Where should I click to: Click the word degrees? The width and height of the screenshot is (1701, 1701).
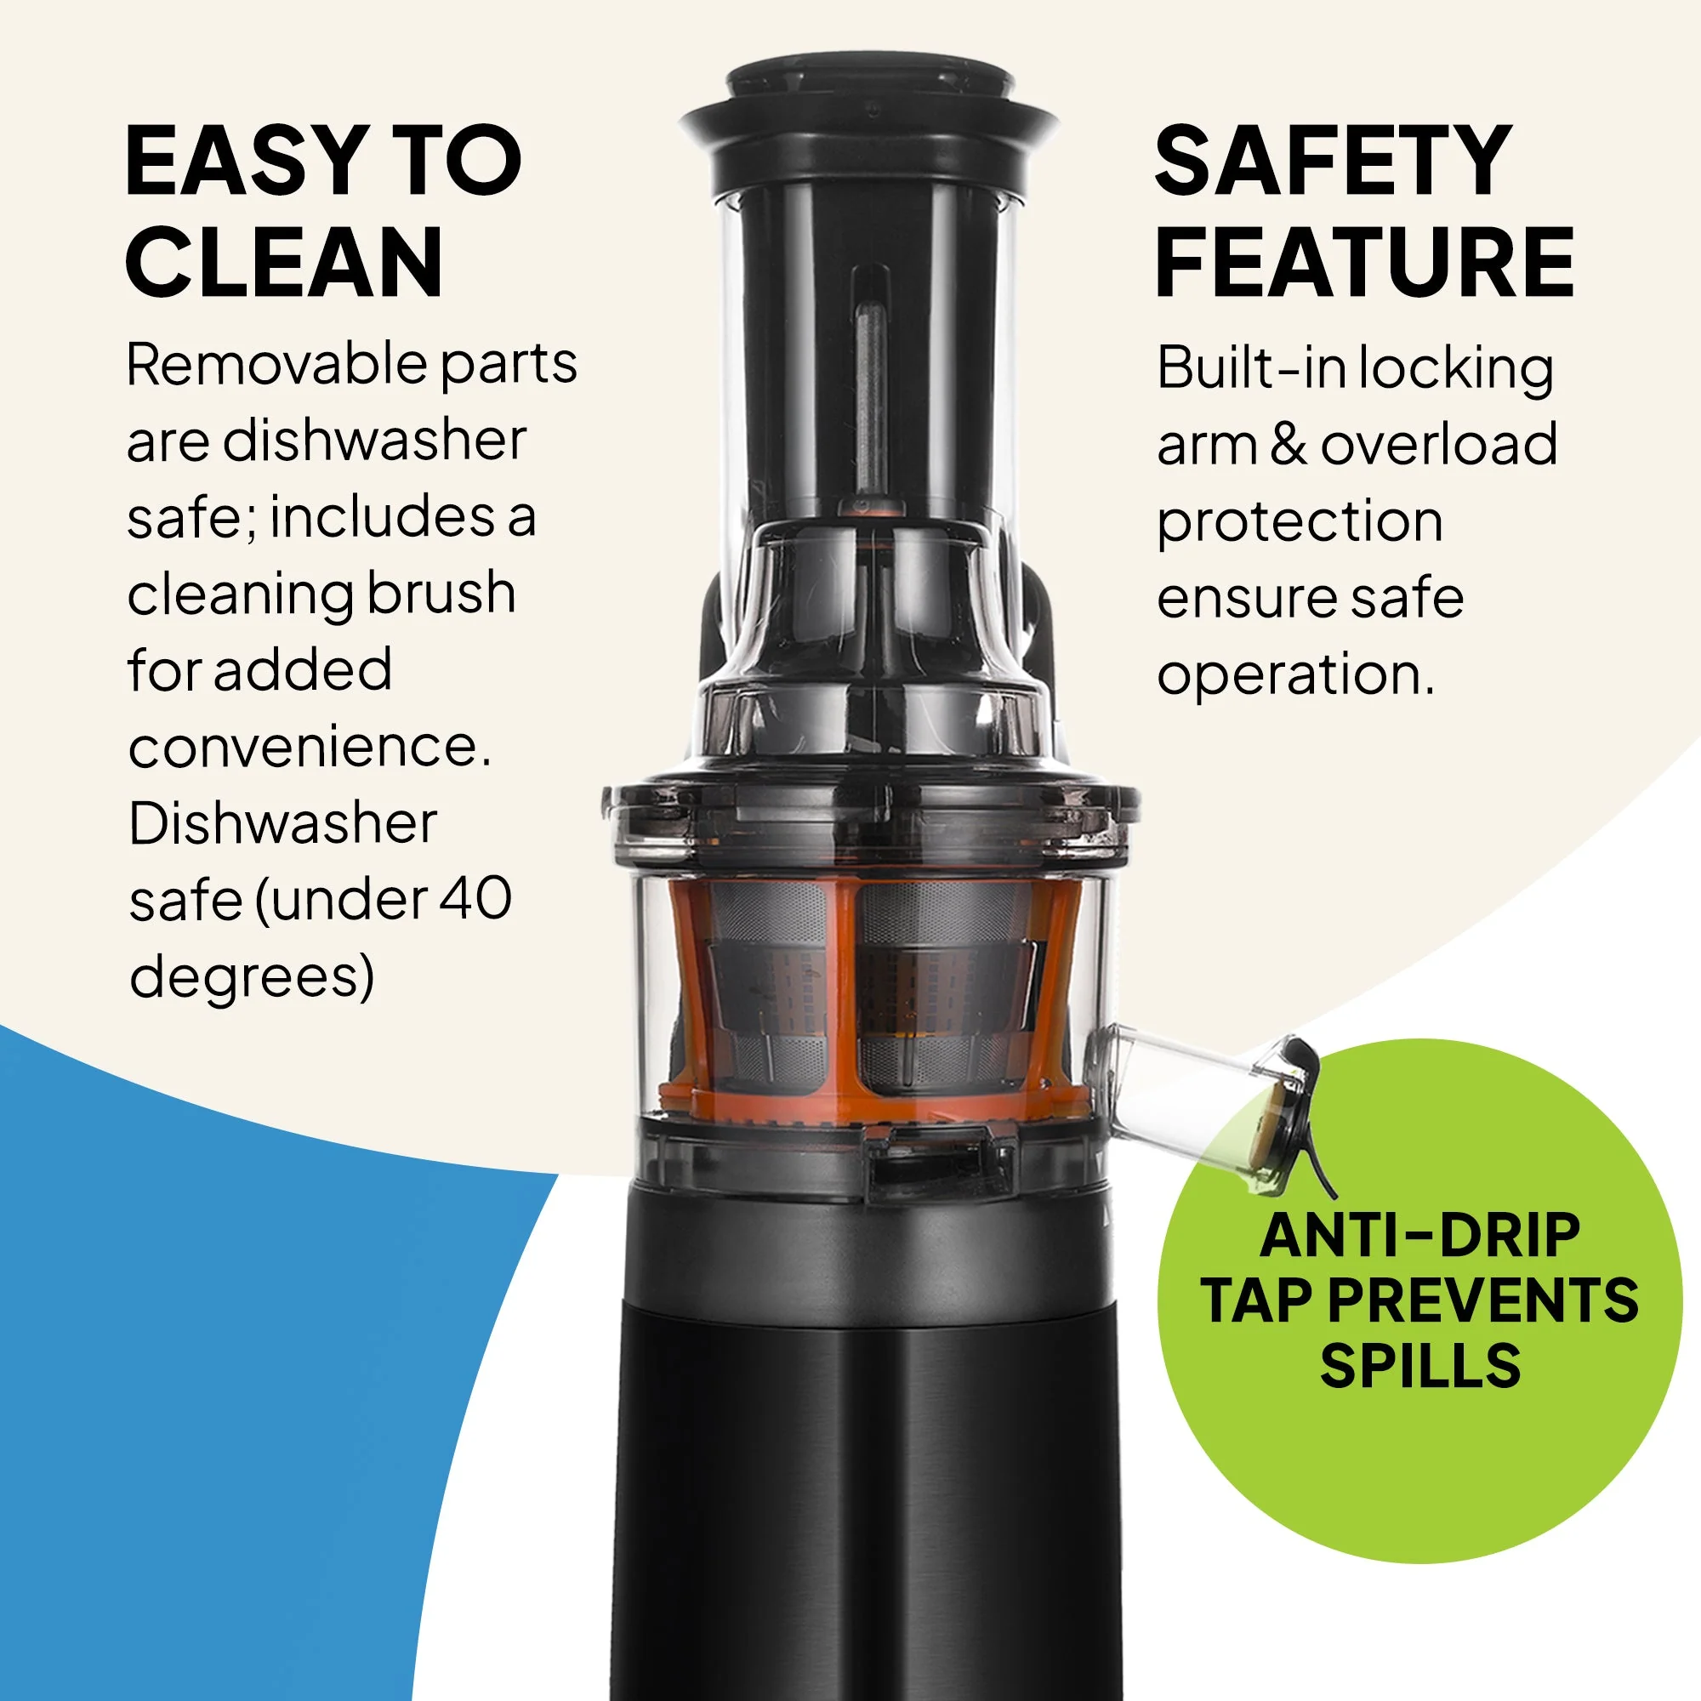[252, 977]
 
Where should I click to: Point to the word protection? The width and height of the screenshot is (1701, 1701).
[1300, 522]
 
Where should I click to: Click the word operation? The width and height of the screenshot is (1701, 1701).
[1295, 676]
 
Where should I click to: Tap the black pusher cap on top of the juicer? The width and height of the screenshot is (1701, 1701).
[868, 124]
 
